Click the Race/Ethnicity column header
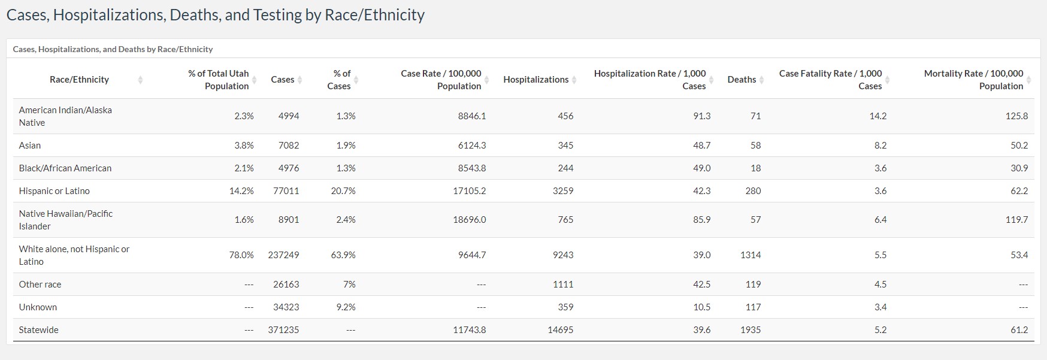click(79, 80)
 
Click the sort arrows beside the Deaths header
click(762, 80)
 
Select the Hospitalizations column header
click(535, 80)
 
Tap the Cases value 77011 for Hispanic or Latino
click(286, 191)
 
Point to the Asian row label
click(30, 146)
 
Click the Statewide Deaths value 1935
click(750, 330)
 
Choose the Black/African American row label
click(65, 168)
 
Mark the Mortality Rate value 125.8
click(1016, 116)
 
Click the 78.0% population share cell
click(241, 255)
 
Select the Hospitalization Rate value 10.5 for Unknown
click(701, 307)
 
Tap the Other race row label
click(40, 285)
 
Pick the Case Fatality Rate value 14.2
click(877, 116)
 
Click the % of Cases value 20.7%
click(343, 191)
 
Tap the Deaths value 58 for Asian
click(755, 146)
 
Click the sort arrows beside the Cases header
click(300, 80)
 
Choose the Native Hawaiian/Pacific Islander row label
click(65, 220)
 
